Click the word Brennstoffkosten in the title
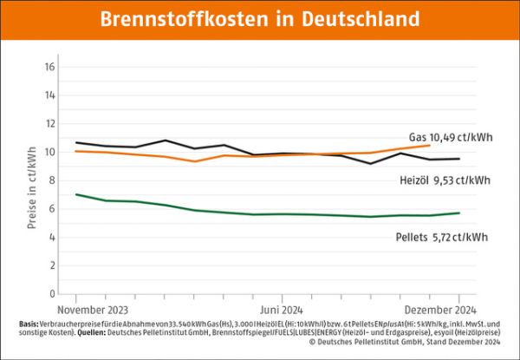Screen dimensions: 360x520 (x=185, y=19)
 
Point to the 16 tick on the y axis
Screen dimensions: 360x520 (x=49, y=67)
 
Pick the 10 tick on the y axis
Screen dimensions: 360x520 (x=49, y=152)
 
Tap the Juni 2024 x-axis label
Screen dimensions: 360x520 (x=280, y=309)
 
